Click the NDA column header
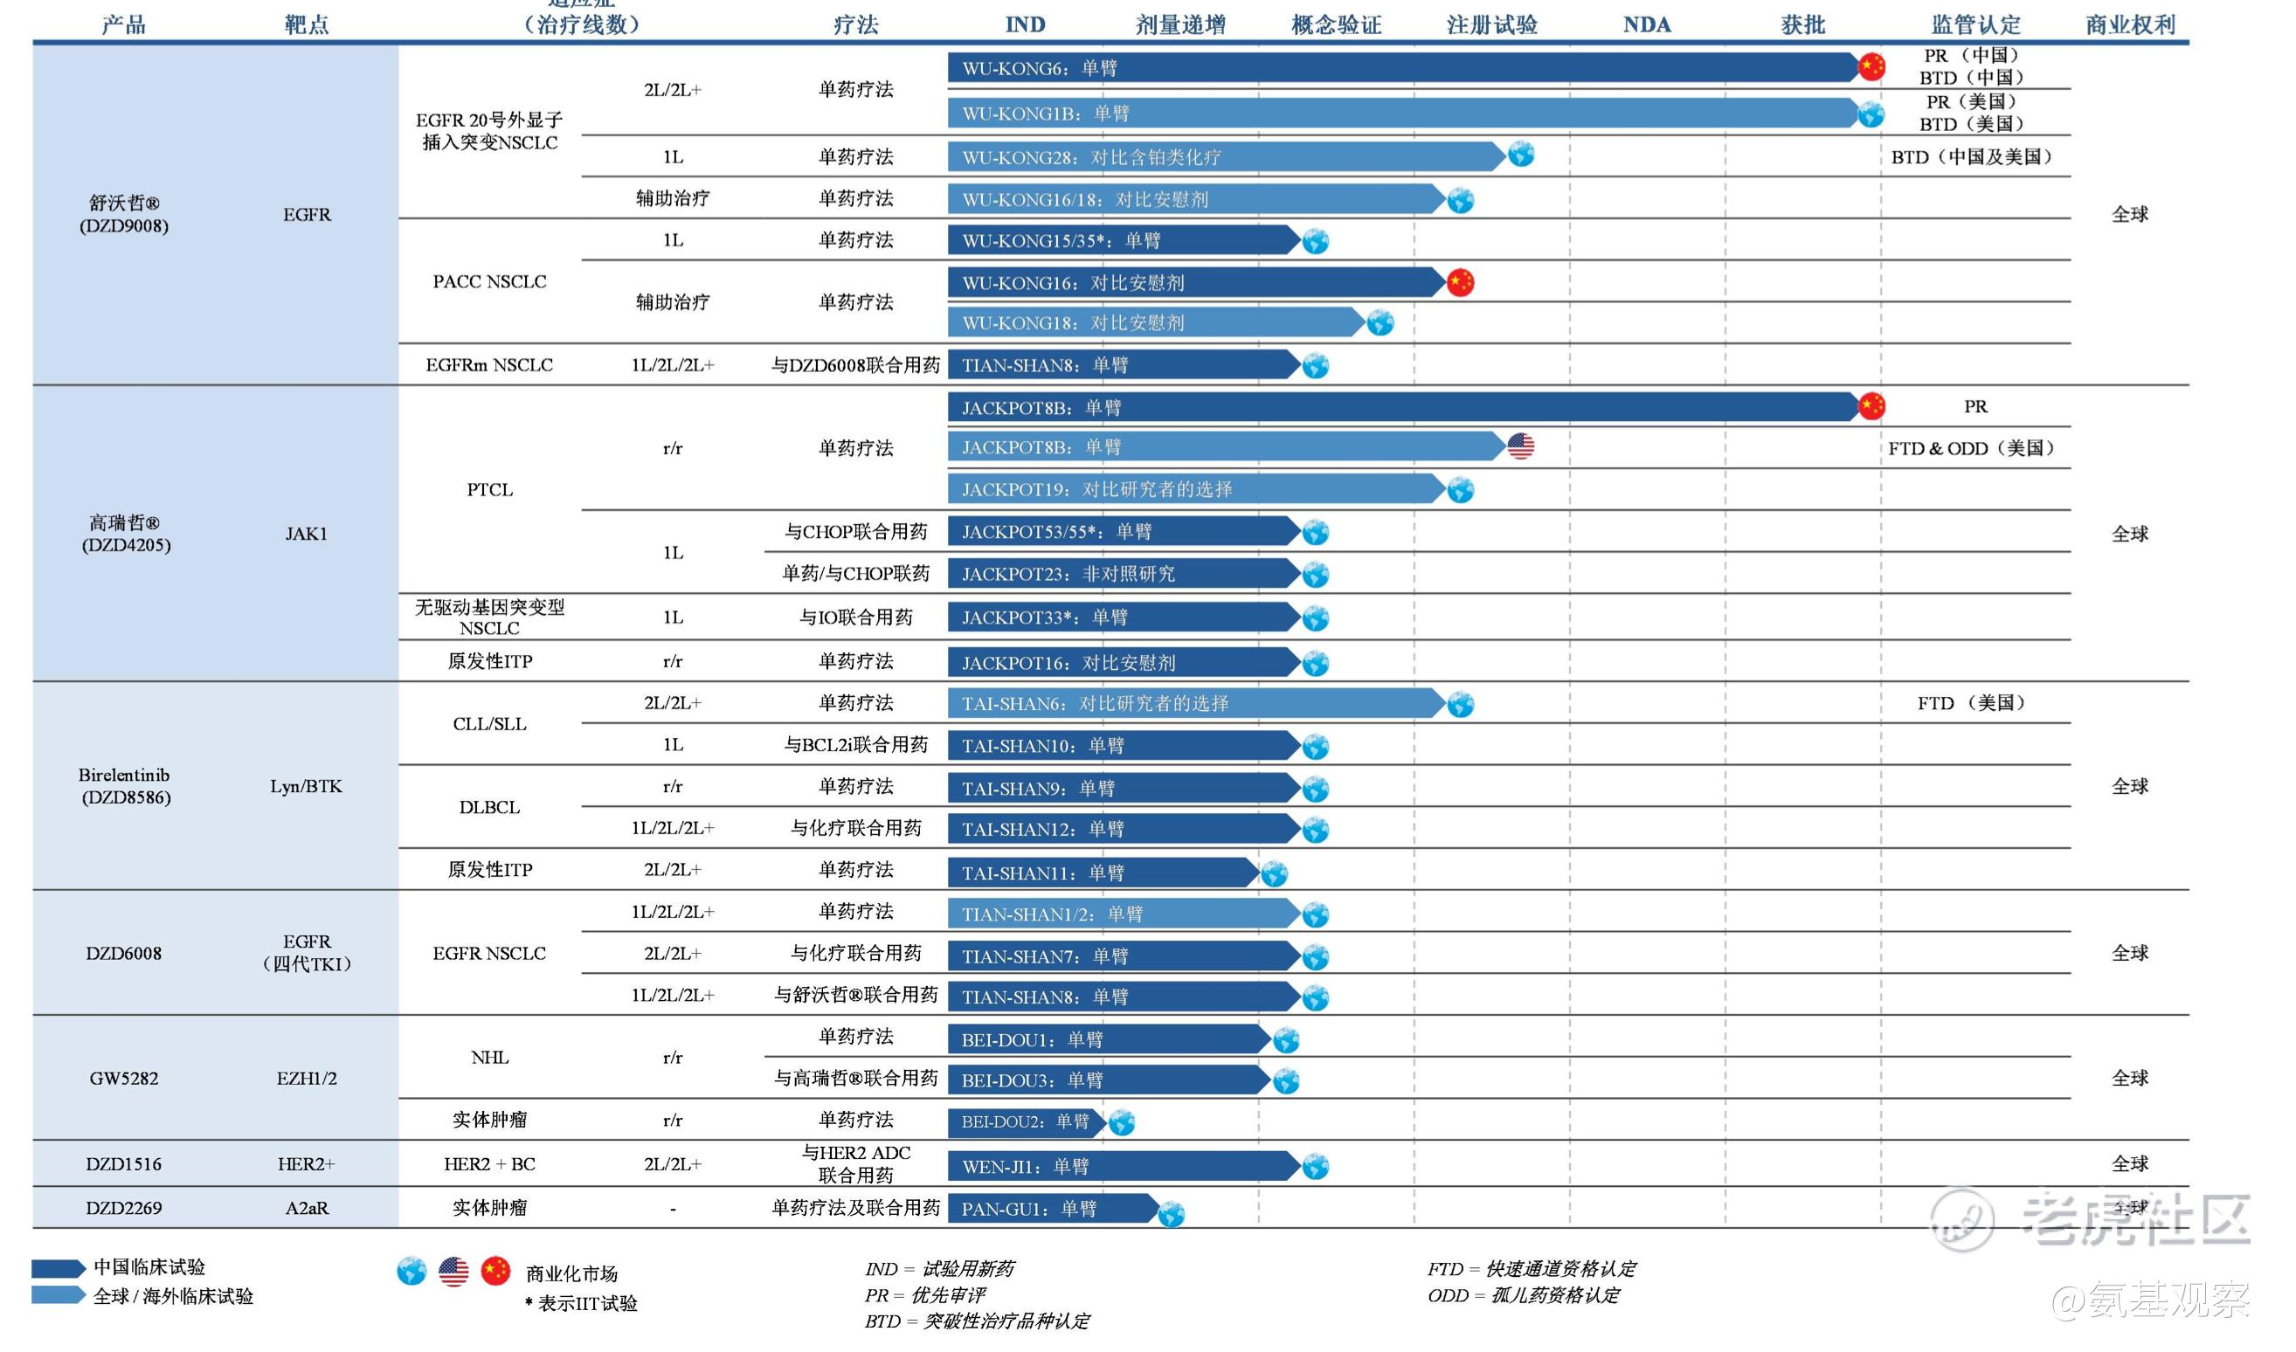1646,24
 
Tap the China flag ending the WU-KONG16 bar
1460,282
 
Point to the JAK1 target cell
306,534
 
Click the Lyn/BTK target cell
306,786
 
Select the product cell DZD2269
124,1208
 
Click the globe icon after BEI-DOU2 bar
1122,1122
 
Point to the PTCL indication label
489,490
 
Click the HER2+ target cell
306,1164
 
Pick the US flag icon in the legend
453,1272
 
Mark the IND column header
1025,24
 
